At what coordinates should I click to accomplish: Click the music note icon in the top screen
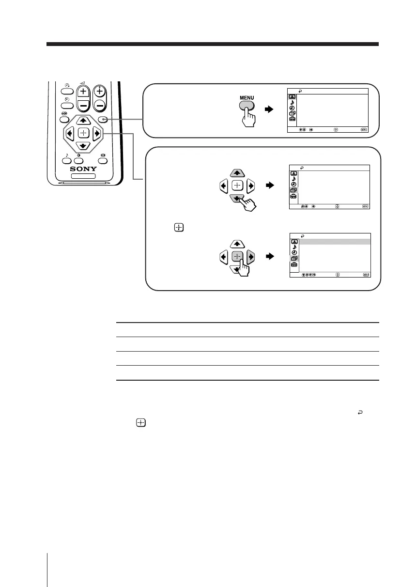[x=293, y=102]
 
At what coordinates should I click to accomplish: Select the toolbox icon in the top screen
[x=293, y=119]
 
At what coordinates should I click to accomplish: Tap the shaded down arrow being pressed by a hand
[x=237, y=198]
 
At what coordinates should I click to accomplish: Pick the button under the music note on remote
[x=67, y=161]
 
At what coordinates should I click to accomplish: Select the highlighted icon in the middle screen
[x=293, y=190]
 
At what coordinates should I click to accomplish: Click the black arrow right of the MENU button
[x=269, y=109]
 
